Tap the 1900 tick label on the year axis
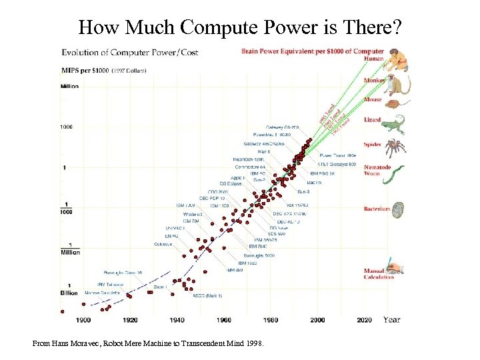click(83, 320)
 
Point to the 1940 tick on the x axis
click(177, 320)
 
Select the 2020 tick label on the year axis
click(364, 320)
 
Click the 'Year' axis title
click(392, 320)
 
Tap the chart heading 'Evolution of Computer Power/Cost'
click(130, 52)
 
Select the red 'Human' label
click(373, 59)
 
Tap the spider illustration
click(399, 147)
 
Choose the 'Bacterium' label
click(377, 209)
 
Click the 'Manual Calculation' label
click(379, 274)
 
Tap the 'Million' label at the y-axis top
click(69, 87)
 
